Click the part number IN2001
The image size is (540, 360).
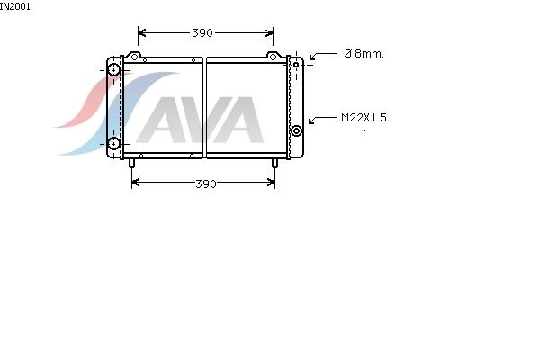click(14, 6)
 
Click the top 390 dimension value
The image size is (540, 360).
click(202, 32)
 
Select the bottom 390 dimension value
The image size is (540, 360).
click(206, 184)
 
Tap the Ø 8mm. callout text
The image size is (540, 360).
click(364, 53)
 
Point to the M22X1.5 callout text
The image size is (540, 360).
click(364, 118)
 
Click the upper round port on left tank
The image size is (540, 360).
click(113, 70)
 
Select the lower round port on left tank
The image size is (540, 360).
click(113, 144)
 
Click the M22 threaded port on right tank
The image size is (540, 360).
click(296, 130)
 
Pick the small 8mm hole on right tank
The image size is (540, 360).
click(296, 65)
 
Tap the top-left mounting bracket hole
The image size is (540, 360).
click(135, 57)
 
